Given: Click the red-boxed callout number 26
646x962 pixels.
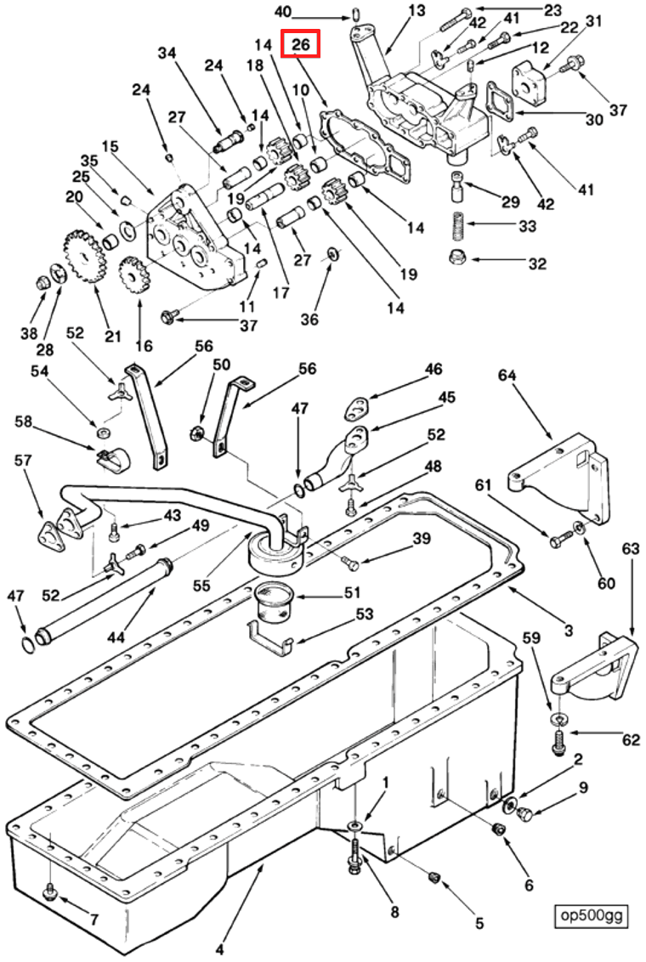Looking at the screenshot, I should pos(301,43).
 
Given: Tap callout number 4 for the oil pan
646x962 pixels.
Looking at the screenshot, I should pos(219,949).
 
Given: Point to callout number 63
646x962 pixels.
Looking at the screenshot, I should pos(630,550).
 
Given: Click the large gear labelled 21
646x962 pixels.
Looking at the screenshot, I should pos(83,256).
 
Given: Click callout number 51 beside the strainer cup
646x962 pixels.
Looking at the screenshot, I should pos(351,592).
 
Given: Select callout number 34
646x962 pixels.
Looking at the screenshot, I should pos(167,54).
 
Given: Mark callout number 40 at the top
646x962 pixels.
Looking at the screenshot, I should pos(282,11).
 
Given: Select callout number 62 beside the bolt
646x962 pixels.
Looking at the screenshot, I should pos(630,739).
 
